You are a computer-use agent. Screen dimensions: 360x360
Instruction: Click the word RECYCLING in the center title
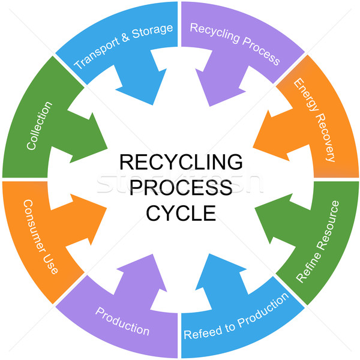click(x=181, y=162)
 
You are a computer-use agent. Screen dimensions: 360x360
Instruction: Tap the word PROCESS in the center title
click(x=181, y=187)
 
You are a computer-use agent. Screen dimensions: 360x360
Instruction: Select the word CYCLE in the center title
click(x=181, y=213)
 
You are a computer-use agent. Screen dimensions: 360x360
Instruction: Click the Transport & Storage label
click(x=123, y=47)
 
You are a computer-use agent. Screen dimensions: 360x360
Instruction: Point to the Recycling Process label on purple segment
click(x=235, y=44)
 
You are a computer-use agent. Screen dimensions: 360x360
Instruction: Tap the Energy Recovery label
click(x=314, y=120)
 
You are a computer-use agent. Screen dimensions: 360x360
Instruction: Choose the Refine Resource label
click(x=318, y=242)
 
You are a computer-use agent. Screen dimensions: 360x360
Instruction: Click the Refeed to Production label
click(x=236, y=316)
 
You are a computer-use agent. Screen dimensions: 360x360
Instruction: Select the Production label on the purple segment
click(x=122, y=322)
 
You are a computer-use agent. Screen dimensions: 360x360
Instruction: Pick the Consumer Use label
click(x=41, y=237)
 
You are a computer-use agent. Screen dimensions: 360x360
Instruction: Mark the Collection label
click(x=39, y=125)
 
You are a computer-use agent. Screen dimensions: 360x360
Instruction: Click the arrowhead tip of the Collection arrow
click(x=107, y=149)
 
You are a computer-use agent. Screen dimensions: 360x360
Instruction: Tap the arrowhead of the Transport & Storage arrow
click(x=152, y=104)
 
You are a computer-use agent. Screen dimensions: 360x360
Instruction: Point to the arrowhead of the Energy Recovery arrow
click(x=253, y=147)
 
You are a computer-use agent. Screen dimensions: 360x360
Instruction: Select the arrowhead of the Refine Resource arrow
click(x=255, y=208)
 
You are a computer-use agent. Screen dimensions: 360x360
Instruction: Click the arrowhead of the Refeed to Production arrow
click(x=209, y=254)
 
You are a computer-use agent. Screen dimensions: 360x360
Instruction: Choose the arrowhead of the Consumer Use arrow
click(x=107, y=208)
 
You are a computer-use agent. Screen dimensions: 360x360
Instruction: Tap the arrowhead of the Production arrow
click(x=152, y=254)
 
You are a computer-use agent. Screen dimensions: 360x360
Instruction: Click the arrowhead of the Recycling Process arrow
click(x=209, y=106)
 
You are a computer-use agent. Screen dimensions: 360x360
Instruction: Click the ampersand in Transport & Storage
click(x=125, y=38)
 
